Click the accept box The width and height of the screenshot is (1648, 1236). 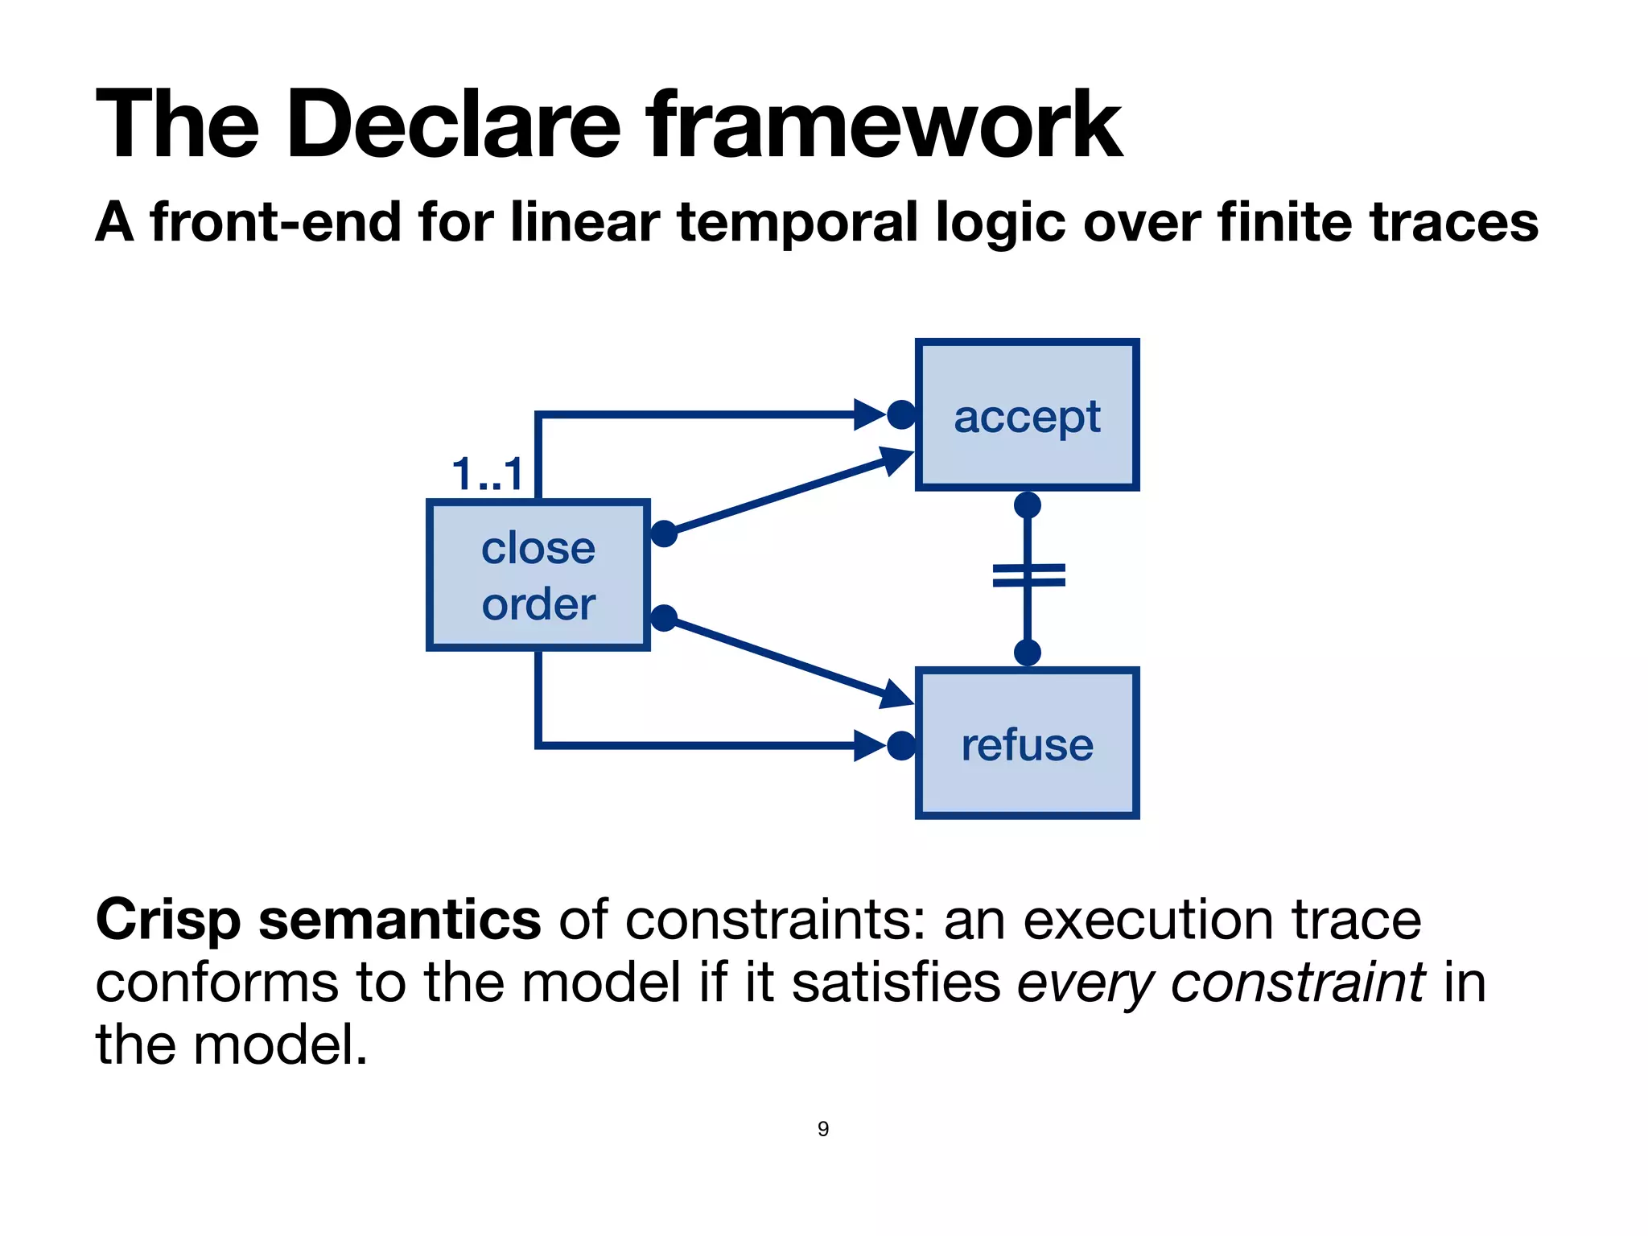(1027, 415)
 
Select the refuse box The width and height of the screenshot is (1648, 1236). (1027, 744)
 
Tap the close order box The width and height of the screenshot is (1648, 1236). (538, 575)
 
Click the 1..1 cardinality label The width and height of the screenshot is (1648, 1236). (488, 474)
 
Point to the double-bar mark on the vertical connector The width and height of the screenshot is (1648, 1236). (1028, 575)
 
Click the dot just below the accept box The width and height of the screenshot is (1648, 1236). (1028, 505)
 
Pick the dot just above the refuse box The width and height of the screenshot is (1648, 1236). (1028, 652)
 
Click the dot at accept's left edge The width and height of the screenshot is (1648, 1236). (901, 415)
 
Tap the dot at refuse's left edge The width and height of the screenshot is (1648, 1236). (901, 745)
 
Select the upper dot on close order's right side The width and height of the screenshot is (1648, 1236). (664, 534)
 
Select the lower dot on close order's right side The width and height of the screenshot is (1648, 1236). (664, 618)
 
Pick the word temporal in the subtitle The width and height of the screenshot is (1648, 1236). (797, 223)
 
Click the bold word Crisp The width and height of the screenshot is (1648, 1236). (167, 920)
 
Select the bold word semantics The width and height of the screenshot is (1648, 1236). (399, 920)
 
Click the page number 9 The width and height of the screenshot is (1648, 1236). (823, 1129)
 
